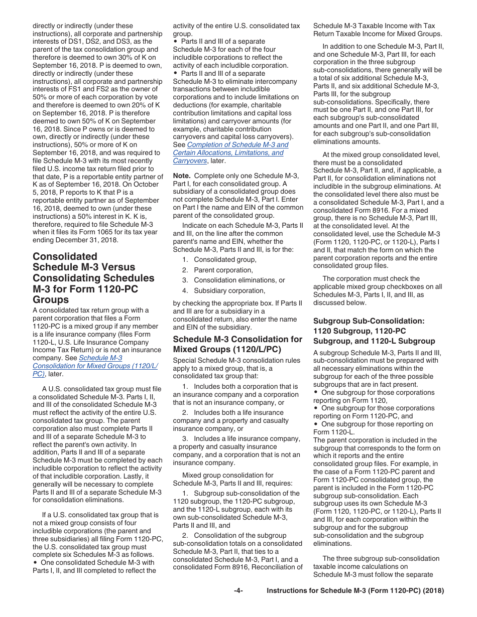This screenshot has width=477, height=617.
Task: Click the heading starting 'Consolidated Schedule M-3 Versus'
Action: point(93,278)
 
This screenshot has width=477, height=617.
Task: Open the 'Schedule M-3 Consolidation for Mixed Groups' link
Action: point(95,366)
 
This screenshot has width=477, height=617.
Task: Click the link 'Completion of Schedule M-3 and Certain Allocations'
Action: point(230,152)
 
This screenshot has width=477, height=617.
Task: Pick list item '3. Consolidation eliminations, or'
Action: point(233,280)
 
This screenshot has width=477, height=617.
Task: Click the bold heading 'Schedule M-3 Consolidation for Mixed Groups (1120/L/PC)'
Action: point(237,344)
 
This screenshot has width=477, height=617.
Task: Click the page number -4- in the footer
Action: point(238,591)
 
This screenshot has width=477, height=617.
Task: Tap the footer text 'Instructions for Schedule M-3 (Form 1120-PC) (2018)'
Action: point(355,591)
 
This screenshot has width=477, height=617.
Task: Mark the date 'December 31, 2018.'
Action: point(87,240)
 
